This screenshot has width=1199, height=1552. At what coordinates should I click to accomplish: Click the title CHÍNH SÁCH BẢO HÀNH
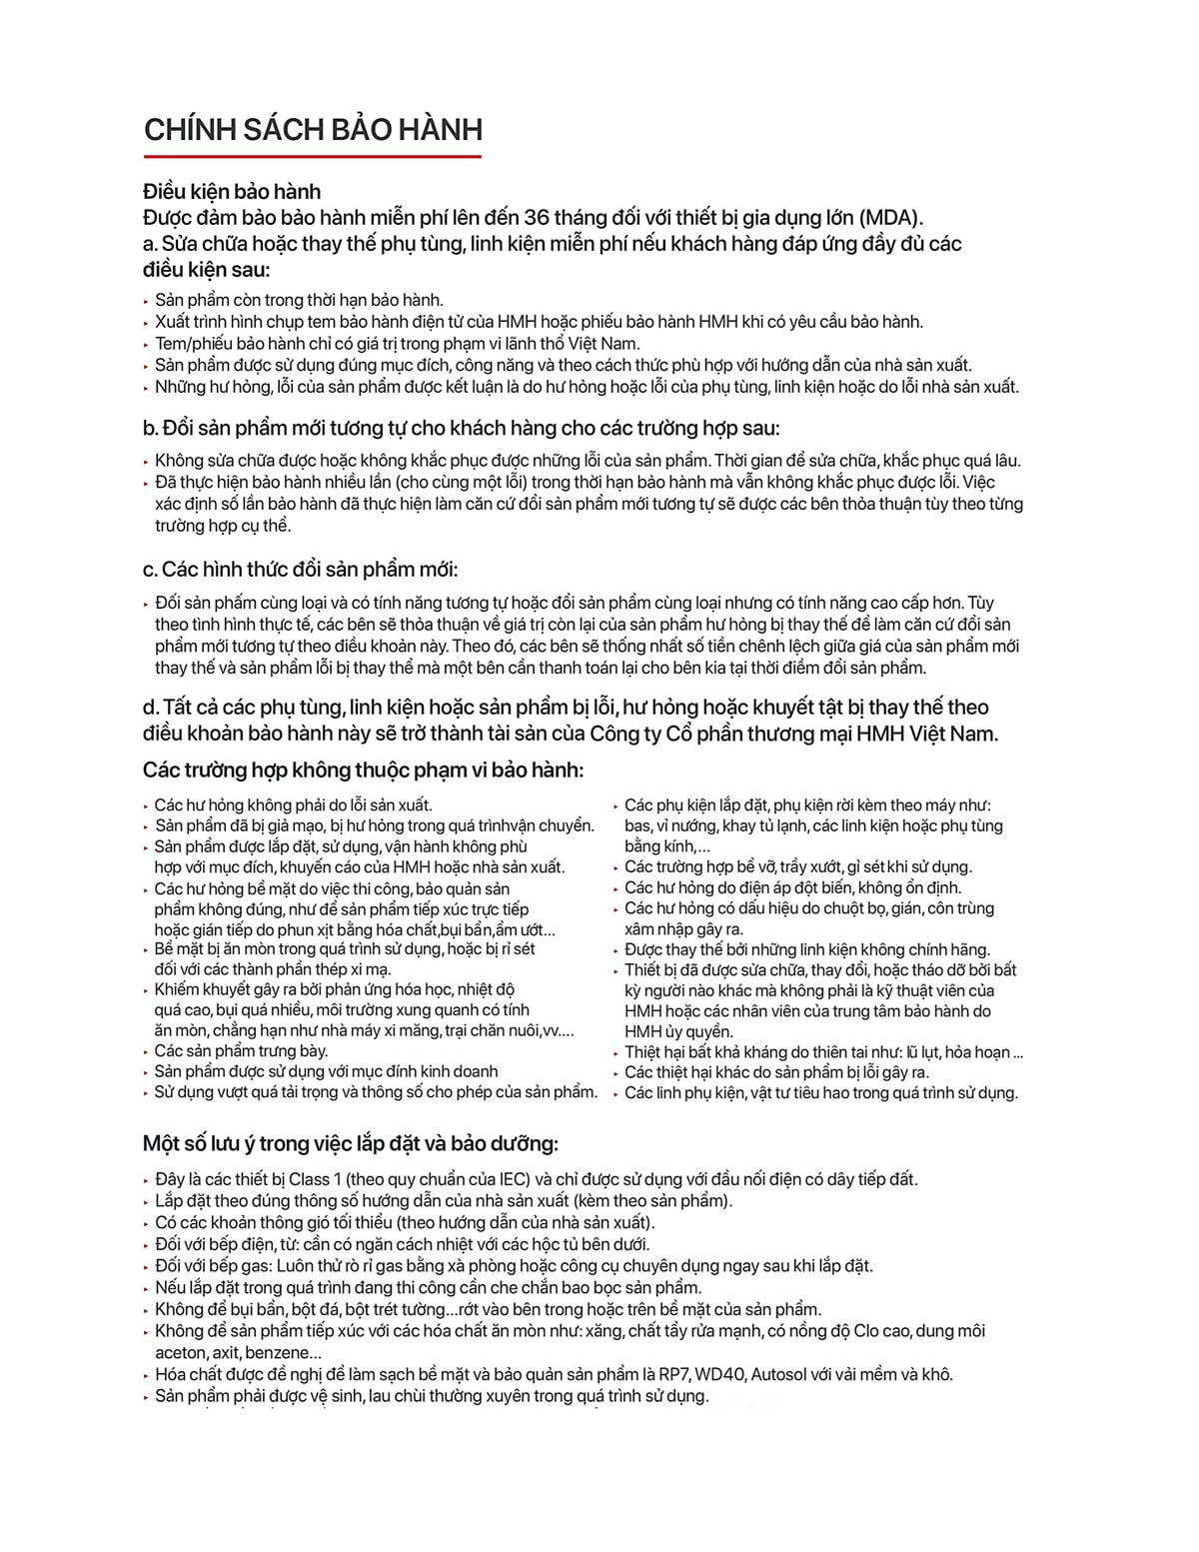pyautogui.click(x=313, y=130)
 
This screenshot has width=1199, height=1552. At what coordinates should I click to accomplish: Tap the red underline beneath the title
pyautogui.click(x=313, y=156)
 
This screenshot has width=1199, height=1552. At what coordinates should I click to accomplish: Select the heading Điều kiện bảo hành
pyautogui.click(x=232, y=191)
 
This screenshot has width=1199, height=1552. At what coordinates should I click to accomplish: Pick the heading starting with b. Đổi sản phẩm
pyautogui.click(x=461, y=428)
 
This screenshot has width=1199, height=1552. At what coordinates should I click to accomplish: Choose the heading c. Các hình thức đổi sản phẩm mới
pyautogui.click(x=300, y=570)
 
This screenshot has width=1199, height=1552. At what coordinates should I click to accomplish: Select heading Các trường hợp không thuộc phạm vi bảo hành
pyautogui.click(x=363, y=770)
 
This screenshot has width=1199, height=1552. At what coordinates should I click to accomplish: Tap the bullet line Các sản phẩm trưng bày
pyautogui.click(x=241, y=1050)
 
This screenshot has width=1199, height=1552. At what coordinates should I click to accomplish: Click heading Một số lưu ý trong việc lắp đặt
pyautogui.click(x=350, y=1143)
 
